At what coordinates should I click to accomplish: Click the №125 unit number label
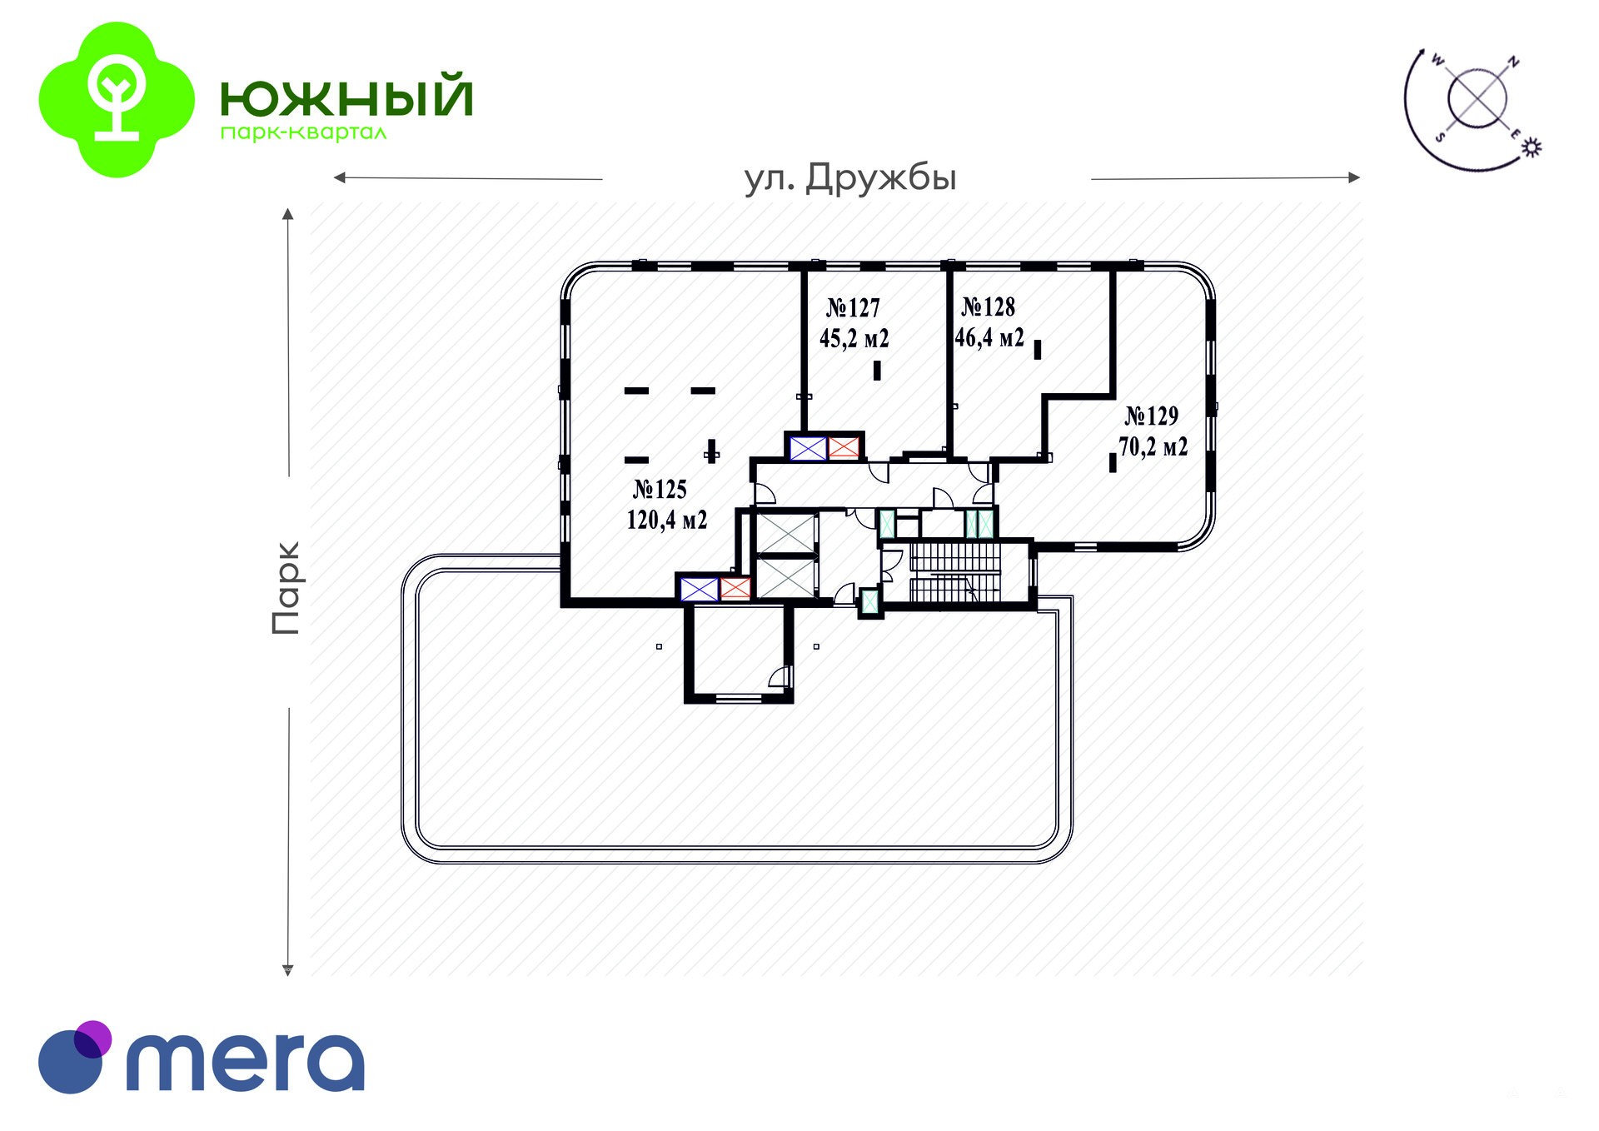[660, 489]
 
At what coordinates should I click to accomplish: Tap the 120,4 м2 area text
[667, 521]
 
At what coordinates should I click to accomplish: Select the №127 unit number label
[853, 308]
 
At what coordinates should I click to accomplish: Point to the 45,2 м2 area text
[854, 339]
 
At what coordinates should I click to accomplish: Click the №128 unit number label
[989, 307]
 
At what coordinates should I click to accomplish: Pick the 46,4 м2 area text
[989, 337]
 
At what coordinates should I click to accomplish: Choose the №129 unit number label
[1152, 416]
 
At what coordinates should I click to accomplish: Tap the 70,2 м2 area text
[1153, 447]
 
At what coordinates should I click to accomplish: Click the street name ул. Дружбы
[850, 178]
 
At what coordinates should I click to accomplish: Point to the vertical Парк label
[286, 588]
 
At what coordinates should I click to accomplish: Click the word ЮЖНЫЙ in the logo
[346, 97]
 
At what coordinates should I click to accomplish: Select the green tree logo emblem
[117, 100]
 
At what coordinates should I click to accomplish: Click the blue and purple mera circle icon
[73, 1057]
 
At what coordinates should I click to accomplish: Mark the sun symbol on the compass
[1532, 147]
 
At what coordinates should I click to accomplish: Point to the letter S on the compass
[1439, 137]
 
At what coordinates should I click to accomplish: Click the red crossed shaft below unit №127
[844, 448]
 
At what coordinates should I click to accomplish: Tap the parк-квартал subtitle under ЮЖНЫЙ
[303, 133]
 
